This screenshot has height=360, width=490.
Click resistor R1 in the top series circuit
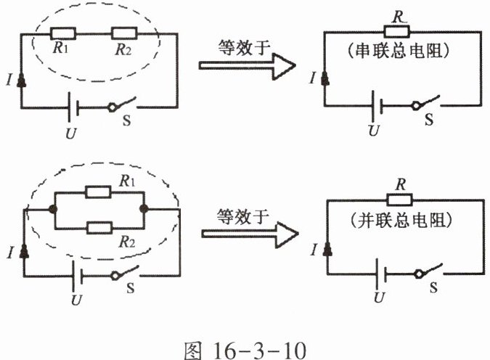(x=65, y=33)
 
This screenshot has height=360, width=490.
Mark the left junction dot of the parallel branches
(x=53, y=209)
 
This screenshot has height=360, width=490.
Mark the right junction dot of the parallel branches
(x=144, y=209)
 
